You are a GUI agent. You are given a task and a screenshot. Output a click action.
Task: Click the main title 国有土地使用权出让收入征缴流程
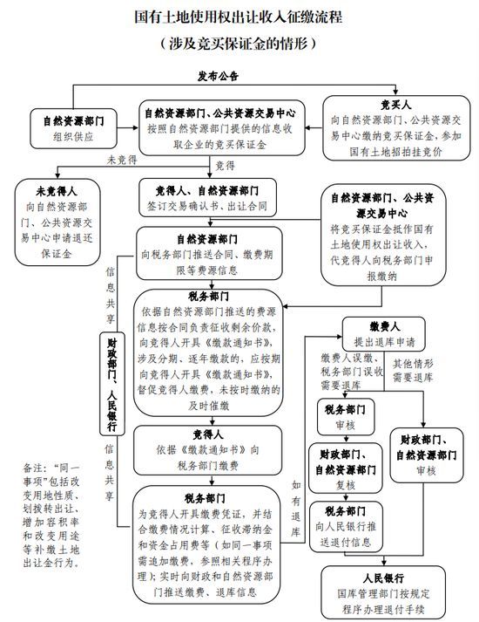click(239, 17)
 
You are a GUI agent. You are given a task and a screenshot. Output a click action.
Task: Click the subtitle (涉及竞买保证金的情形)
click(239, 43)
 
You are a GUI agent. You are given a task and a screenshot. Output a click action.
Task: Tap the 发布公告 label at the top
click(218, 76)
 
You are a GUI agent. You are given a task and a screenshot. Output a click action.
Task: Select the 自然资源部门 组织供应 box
click(74, 128)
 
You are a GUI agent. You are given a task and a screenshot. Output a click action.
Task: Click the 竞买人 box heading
click(396, 105)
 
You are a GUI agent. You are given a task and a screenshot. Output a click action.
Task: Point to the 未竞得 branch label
click(122, 160)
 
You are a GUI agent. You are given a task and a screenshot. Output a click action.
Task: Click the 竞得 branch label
click(225, 166)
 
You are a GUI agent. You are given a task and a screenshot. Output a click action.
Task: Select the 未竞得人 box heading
click(57, 192)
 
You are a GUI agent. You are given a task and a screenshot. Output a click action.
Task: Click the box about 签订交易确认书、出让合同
click(207, 198)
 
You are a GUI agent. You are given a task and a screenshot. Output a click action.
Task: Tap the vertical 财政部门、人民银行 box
click(112, 384)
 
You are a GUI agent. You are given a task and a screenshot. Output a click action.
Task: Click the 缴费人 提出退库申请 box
click(383, 334)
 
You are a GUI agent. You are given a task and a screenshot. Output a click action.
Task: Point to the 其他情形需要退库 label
click(413, 371)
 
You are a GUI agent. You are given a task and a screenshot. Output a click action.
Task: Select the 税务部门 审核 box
click(346, 417)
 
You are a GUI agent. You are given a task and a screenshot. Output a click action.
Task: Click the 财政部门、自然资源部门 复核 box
click(346, 468)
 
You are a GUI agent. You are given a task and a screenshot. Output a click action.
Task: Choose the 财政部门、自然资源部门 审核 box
click(427, 455)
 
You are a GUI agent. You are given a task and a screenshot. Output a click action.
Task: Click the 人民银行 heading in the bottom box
click(383, 578)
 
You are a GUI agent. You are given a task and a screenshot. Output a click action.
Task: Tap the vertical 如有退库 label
click(296, 508)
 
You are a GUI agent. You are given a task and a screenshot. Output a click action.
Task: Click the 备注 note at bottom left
click(51, 515)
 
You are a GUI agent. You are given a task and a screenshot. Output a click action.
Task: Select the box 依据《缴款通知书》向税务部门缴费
click(208, 450)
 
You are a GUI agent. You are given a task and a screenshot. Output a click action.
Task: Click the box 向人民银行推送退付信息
click(346, 527)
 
